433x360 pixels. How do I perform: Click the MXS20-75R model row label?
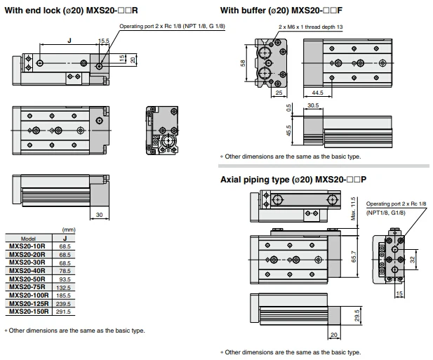[27, 287]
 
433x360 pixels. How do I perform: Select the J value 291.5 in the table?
[64, 312]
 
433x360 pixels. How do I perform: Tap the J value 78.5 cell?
[65, 271]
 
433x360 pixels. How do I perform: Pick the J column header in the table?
[65, 239]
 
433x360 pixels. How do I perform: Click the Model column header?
[28, 239]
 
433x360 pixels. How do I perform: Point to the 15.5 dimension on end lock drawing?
[104, 41]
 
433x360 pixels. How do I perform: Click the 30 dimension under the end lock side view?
[99, 215]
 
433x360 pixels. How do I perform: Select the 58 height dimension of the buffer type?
[242, 63]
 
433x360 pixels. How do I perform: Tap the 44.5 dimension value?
[318, 93]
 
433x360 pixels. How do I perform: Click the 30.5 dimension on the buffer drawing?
[313, 105]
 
